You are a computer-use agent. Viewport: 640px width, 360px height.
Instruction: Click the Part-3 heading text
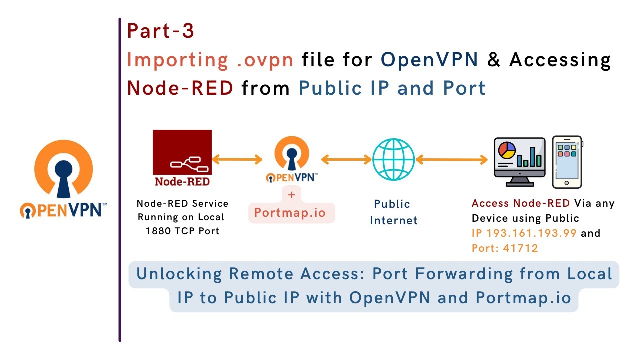(x=160, y=31)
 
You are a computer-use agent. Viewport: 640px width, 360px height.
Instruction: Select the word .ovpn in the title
(x=257, y=60)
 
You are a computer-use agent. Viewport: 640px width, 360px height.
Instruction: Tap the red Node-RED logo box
(x=182, y=159)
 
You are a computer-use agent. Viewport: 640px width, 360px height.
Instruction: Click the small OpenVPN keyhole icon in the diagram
(x=292, y=155)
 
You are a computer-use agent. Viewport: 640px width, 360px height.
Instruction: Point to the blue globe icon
(x=394, y=159)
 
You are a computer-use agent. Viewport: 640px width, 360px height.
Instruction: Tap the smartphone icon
(x=567, y=161)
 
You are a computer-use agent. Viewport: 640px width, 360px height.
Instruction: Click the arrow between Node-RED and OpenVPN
(x=237, y=159)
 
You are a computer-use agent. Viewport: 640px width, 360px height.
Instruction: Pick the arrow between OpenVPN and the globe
(x=346, y=159)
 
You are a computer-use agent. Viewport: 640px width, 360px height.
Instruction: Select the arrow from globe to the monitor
(x=452, y=159)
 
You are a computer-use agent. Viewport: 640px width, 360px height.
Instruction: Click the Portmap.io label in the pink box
(x=290, y=213)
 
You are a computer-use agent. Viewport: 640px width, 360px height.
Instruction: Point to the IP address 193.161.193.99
(x=531, y=233)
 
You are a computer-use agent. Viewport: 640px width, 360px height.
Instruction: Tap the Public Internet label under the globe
(x=393, y=212)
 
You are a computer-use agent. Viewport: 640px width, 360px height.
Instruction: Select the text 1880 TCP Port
(x=182, y=231)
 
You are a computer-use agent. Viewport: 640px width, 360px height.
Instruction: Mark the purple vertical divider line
(x=120, y=180)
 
